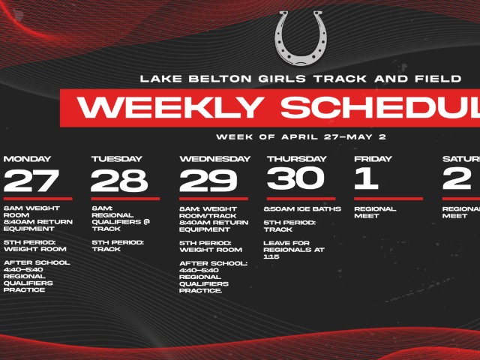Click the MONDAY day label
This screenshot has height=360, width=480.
(x=27, y=159)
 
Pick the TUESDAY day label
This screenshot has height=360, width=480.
(x=116, y=159)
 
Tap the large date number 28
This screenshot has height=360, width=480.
(x=121, y=181)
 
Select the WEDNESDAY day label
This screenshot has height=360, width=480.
(x=214, y=159)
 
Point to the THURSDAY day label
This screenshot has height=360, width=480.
(x=296, y=159)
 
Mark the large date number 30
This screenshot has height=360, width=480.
(x=295, y=178)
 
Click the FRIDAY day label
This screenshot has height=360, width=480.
(x=372, y=159)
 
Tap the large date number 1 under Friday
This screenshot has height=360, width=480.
(x=367, y=178)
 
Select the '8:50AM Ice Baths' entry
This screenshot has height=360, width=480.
(x=302, y=208)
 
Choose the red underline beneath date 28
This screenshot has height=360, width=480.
(x=125, y=199)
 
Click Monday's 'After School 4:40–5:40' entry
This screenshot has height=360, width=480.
(x=36, y=276)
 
